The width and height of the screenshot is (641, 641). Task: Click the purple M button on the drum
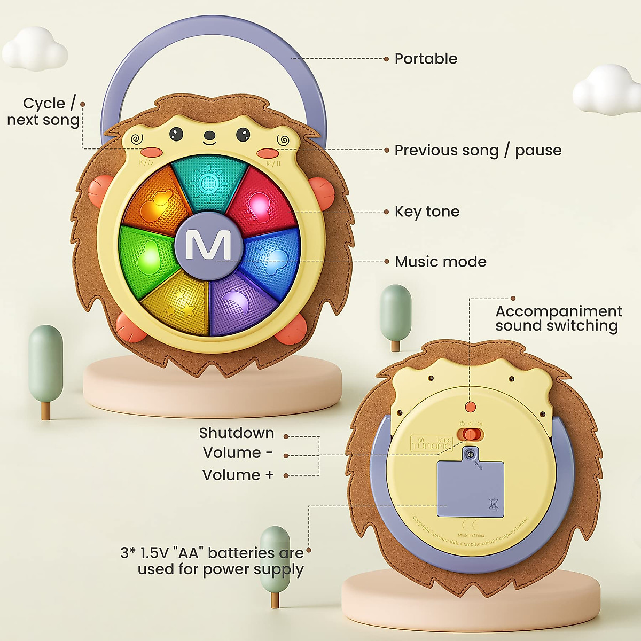(208, 245)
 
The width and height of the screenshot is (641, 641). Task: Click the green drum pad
(147, 255)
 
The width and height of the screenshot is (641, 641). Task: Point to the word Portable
(426, 59)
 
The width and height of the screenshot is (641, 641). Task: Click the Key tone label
(427, 212)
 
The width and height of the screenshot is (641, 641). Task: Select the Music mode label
(441, 262)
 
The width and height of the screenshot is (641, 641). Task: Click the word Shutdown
(236, 433)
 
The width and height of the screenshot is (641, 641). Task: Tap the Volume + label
(238, 475)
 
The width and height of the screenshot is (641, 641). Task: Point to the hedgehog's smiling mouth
(209, 142)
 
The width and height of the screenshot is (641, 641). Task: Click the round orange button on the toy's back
(470, 407)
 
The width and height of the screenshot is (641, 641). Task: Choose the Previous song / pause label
(478, 151)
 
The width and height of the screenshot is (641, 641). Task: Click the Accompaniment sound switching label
(558, 318)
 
